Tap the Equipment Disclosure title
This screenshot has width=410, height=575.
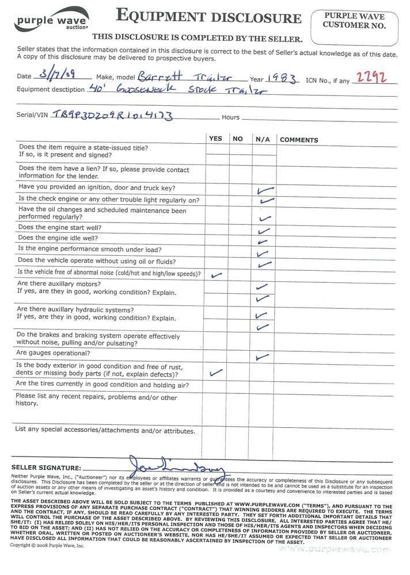pos(208,16)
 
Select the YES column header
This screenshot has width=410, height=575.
pos(215,139)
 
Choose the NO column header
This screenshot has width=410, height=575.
pos(237,139)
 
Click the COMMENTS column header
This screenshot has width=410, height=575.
pos(299,140)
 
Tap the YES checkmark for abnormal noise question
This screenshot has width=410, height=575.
pos(217,275)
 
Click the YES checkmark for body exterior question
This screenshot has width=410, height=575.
pos(217,372)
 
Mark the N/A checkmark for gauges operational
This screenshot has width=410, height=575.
pos(262,357)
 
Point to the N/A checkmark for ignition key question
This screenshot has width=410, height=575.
pos(265,190)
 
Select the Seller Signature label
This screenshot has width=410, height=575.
pos(46,468)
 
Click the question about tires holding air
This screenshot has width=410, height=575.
pos(102,385)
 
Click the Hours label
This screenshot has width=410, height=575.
pos(230,117)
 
